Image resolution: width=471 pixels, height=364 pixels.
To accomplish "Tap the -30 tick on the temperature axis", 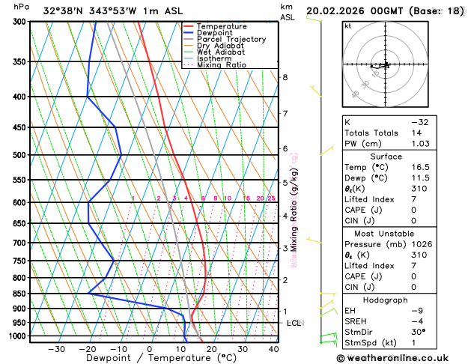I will pos(56,349).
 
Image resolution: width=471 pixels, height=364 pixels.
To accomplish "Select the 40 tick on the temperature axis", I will pos(273,349).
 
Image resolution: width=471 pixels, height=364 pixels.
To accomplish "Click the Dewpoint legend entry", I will pos(217,33).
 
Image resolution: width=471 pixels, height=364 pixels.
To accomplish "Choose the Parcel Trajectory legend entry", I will pos(231,40).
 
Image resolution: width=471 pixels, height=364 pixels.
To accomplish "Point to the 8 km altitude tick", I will pos(285,77).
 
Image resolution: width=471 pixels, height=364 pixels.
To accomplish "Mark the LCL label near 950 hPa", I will pos(294,323).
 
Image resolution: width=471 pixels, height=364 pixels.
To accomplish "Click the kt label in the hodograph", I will pos(349,25).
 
